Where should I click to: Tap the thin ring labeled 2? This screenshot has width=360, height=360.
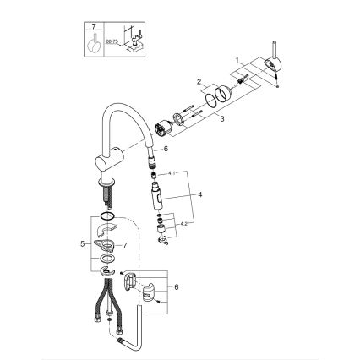(x=222, y=95)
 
